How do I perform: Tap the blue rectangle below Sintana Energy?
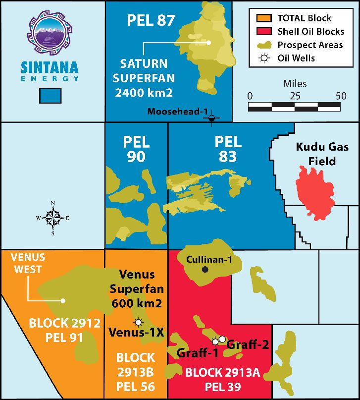50,96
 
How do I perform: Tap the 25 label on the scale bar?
295,96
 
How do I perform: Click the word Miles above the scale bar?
295,83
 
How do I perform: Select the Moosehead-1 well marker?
212,118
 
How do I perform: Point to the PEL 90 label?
136,149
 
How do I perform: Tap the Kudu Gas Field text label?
315,154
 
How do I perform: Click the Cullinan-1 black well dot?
205,270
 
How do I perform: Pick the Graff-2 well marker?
222,339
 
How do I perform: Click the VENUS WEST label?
28,263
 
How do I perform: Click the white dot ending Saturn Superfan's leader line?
209,43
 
